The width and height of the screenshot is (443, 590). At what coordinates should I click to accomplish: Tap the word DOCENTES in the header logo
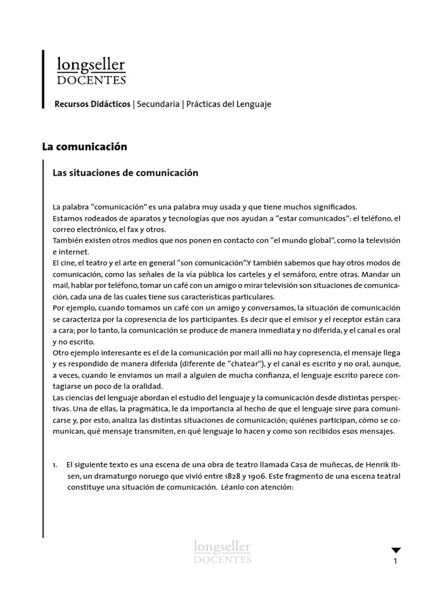(91, 80)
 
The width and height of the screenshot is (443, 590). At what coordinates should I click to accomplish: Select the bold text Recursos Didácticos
(92, 104)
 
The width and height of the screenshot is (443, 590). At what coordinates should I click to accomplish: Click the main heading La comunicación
(84, 147)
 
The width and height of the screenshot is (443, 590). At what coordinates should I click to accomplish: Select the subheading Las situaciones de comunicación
(125, 173)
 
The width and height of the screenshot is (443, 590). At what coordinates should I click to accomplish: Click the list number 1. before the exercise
(55, 464)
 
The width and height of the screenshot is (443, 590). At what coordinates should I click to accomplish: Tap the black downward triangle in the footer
(396, 550)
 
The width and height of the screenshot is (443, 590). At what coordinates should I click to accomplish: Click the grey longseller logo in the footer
(222, 551)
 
